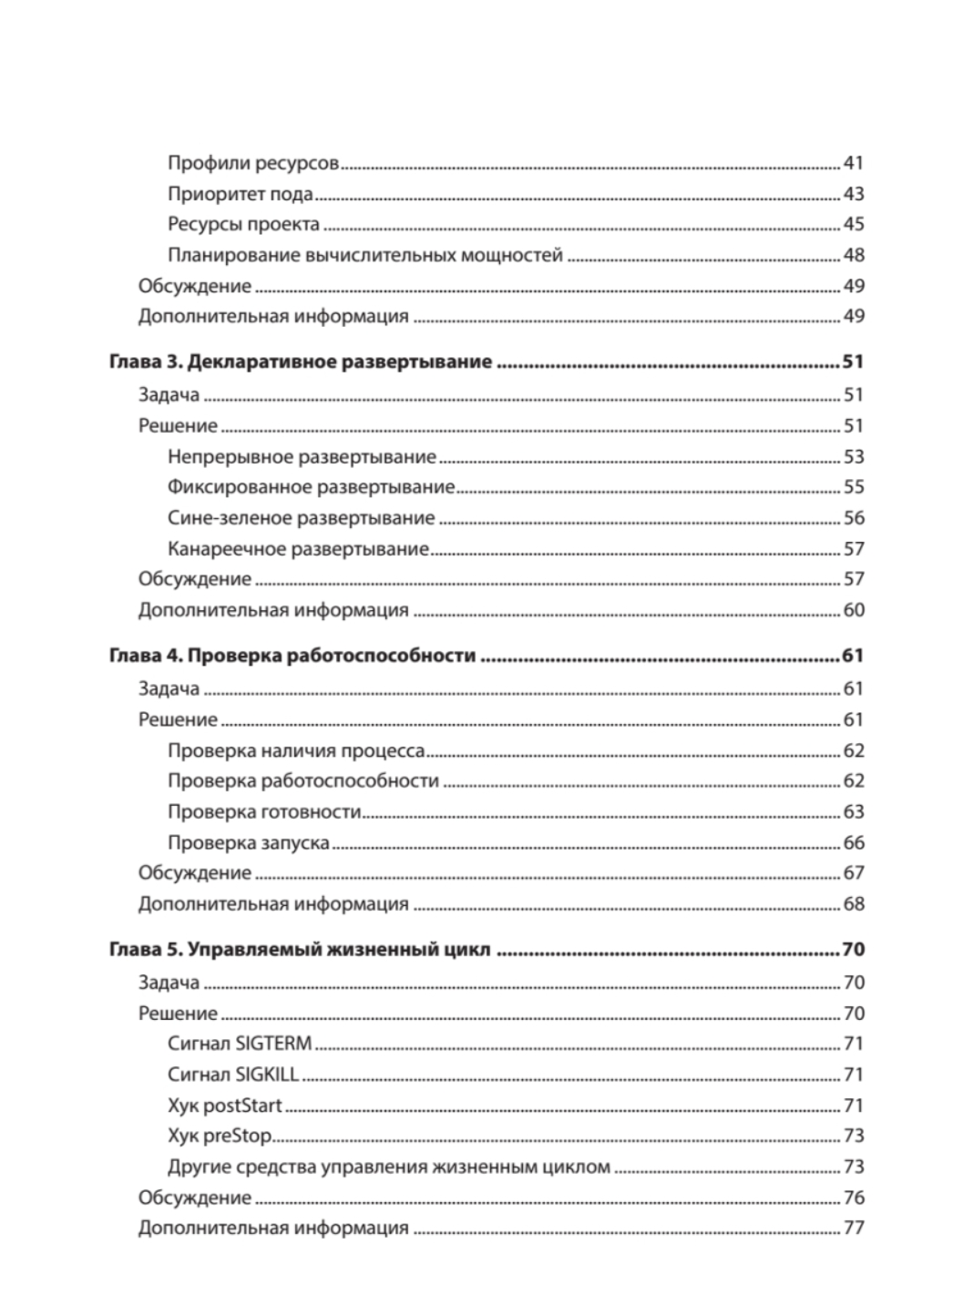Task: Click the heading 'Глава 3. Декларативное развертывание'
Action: click(301, 362)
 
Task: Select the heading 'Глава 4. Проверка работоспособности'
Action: click(292, 657)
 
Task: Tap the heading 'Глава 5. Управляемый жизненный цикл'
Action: click(300, 951)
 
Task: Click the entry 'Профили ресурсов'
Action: click(253, 164)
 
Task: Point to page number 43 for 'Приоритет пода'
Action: click(854, 195)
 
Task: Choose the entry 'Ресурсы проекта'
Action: click(243, 225)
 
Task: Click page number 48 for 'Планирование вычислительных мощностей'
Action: click(854, 256)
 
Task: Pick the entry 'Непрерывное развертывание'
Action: click(302, 457)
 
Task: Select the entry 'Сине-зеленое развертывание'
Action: click(302, 518)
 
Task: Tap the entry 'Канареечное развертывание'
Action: click(298, 549)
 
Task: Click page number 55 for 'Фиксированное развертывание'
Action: click(854, 488)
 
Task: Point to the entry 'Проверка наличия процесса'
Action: click(296, 751)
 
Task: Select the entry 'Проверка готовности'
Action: click(264, 812)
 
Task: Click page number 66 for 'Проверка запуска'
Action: click(854, 843)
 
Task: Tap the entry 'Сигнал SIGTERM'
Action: click(240, 1044)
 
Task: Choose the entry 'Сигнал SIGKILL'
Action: click(233, 1075)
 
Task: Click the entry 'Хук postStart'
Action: click(225, 1106)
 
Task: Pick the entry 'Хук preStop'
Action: click(220, 1136)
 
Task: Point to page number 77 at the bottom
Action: click(854, 1228)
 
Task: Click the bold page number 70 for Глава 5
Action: click(853, 951)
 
